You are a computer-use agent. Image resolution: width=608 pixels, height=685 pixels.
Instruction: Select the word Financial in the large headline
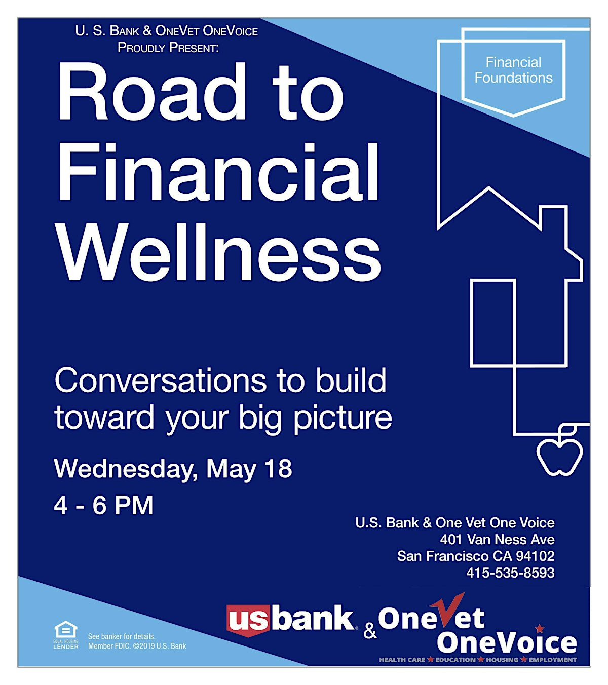tap(218, 172)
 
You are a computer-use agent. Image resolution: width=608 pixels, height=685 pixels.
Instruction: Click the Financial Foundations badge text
tap(513, 70)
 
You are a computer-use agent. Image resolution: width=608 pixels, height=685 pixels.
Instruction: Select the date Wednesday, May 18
tap(173, 470)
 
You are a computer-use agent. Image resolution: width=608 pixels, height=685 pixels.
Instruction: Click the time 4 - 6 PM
tap(103, 505)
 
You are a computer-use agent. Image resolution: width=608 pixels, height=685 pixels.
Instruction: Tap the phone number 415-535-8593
tap(510, 573)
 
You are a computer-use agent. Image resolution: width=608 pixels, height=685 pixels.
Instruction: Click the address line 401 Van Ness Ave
tap(497, 540)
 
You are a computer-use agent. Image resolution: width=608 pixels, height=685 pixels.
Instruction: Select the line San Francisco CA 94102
tap(476, 556)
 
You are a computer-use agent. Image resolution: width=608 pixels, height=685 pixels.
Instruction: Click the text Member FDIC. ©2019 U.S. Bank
tap(137, 646)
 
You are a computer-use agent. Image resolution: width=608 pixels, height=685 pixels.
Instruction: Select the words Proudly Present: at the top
tap(168, 48)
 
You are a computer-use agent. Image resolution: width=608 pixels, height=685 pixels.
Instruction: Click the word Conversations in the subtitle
tap(161, 381)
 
